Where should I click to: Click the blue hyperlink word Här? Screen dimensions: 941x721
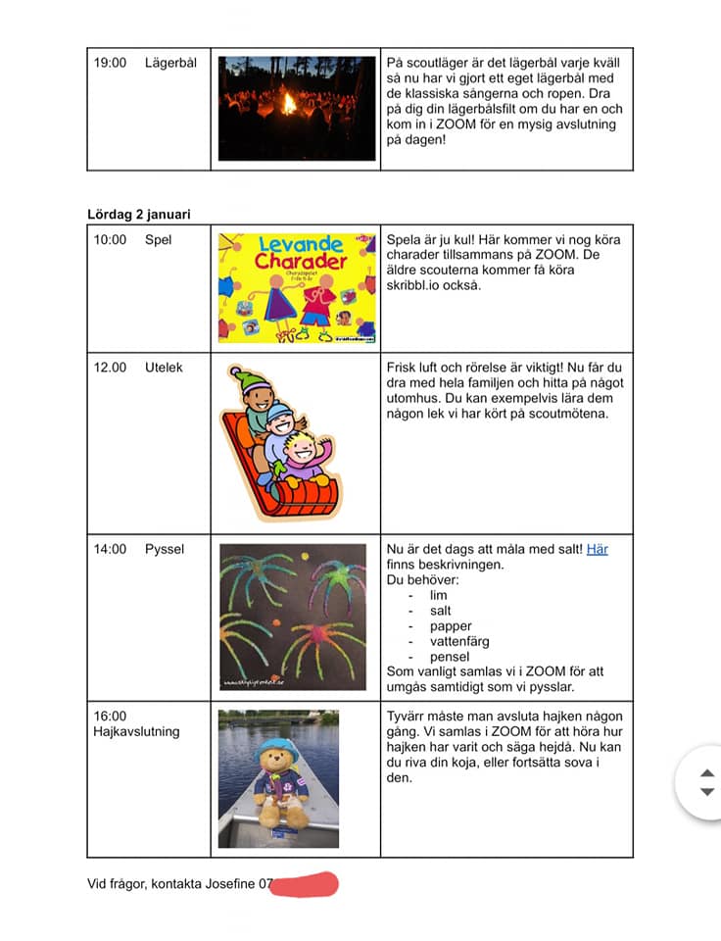597,549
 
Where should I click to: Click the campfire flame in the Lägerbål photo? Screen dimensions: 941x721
289,102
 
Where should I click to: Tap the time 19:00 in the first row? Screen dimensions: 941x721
110,63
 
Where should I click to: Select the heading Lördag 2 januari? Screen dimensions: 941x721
139,214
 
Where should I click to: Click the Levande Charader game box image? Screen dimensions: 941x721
297,287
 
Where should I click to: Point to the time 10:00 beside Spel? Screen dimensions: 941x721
110,239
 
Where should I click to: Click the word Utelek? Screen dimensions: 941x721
164,368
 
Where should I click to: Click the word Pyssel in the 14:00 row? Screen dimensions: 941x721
165,549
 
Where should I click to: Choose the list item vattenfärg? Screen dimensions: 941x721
459,641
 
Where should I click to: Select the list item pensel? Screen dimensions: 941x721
450,657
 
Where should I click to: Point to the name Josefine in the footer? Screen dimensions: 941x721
230,884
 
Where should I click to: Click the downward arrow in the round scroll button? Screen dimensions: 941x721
707,792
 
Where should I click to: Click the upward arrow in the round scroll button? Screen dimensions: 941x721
707,772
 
